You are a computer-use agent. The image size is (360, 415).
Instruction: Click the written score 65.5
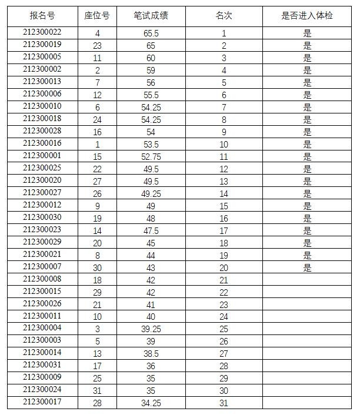click(151, 34)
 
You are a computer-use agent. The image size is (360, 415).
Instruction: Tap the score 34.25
click(151, 403)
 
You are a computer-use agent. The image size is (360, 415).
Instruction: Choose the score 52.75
click(151, 157)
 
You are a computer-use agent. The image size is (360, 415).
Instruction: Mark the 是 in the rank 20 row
click(307, 268)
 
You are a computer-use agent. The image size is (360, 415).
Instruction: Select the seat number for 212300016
click(97, 145)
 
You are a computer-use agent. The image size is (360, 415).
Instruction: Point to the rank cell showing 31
click(224, 403)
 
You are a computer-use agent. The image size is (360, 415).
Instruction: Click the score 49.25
click(151, 194)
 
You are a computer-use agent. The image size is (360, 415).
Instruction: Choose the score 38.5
click(151, 354)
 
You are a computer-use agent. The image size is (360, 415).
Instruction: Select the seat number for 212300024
click(97, 391)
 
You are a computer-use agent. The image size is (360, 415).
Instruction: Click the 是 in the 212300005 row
click(307, 58)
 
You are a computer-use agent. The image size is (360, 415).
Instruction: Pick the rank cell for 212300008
click(224, 280)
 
